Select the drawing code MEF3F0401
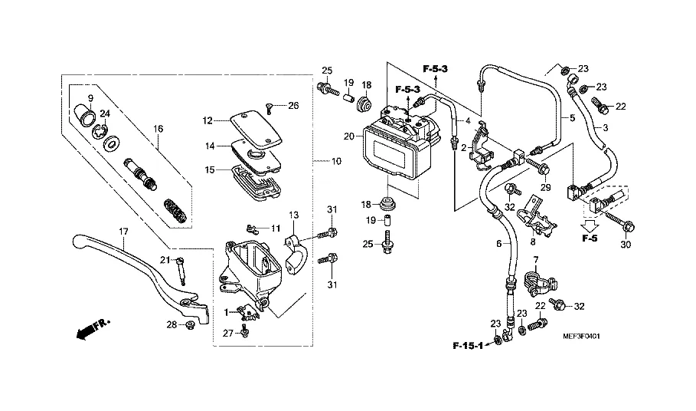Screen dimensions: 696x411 581,337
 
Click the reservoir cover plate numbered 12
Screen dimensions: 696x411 255,128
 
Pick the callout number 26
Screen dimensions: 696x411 293,105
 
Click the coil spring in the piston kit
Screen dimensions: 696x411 176,210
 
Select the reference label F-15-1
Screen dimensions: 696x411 467,345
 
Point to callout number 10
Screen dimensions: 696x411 336,161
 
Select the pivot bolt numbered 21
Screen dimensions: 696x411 181,271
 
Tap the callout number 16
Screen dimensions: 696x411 158,129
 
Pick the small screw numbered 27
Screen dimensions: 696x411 244,331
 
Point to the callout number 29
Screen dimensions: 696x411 545,188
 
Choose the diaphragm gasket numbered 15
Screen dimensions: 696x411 255,182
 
